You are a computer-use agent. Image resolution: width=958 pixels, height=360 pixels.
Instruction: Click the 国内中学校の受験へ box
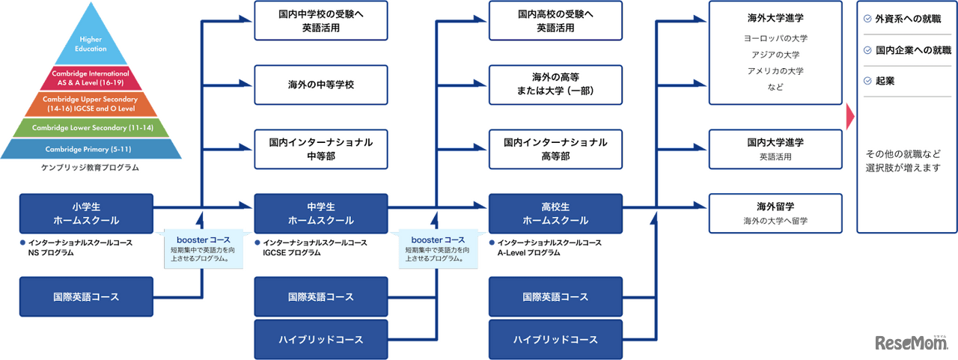tap(321, 21)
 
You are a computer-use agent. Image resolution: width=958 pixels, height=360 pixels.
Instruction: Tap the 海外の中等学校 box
tap(321, 84)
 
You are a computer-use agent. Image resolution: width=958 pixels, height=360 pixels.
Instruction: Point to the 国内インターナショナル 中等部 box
tap(321, 148)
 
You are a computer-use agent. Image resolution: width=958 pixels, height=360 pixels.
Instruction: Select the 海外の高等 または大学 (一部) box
tap(555, 84)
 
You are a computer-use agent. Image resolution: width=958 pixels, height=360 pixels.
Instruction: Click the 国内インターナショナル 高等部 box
tap(555, 148)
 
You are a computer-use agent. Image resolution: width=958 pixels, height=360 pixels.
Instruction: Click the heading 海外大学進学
tap(775, 17)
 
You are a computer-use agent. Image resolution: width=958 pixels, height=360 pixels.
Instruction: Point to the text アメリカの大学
tap(775, 71)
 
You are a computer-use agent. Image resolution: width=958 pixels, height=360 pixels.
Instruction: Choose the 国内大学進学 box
tap(775, 148)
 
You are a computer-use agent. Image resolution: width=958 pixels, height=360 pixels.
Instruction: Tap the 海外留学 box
tap(775, 213)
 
